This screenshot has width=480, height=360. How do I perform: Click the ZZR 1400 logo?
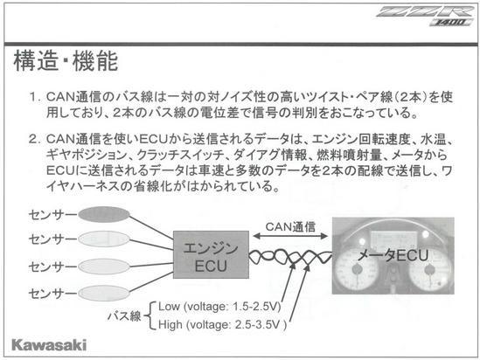(x=426, y=16)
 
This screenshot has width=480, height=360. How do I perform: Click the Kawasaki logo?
(x=49, y=345)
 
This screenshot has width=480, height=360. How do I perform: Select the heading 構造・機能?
(x=66, y=61)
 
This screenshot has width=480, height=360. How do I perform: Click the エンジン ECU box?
(x=211, y=254)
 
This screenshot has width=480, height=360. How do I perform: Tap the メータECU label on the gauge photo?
(x=393, y=255)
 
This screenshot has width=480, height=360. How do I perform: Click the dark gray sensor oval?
(x=104, y=214)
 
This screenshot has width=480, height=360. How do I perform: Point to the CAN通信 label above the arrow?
(x=290, y=226)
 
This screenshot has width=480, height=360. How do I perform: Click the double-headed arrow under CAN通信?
(x=290, y=236)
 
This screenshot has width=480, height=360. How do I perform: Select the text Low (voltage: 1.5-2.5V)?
(x=219, y=306)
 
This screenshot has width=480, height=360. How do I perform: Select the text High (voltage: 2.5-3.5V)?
(x=222, y=324)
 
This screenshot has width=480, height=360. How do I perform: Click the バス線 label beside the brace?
(x=124, y=315)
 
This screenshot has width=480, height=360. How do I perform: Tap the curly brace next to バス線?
(x=148, y=315)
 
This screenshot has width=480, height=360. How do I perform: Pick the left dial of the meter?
(x=357, y=270)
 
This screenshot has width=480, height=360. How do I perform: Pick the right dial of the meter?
(x=430, y=270)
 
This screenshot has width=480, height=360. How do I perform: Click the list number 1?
(x=34, y=97)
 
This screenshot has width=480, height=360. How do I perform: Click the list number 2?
(x=34, y=140)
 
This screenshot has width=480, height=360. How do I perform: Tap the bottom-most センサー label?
(x=52, y=294)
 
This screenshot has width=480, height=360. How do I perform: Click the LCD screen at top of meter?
(x=394, y=238)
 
